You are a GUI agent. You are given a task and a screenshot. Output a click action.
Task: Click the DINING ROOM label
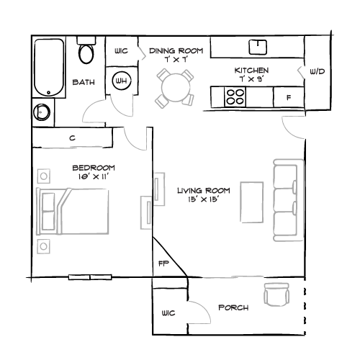click(x=176, y=51)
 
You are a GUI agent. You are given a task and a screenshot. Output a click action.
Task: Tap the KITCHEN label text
click(x=252, y=71)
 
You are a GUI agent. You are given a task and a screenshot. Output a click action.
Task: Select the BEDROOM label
click(x=94, y=168)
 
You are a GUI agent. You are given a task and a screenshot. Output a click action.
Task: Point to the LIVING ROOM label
click(x=204, y=190)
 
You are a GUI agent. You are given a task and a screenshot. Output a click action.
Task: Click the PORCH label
click(x=233, y=307)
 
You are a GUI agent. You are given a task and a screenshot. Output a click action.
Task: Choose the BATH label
click(x=84, y=83)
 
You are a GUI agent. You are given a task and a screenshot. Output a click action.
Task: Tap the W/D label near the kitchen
click(x=317, y=72)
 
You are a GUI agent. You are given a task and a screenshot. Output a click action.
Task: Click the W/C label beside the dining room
click(x=121, y=51)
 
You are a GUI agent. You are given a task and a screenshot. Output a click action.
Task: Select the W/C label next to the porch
click(x=168, y=313)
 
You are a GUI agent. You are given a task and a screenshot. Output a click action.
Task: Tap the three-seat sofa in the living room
click(x=289, y=200)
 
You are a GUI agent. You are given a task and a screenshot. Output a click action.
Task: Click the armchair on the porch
click(x=276, y=294)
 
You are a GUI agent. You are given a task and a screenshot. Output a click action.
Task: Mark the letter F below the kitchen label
click(x=289, y=96)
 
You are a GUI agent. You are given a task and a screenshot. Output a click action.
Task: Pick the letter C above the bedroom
click(x=72, y=138)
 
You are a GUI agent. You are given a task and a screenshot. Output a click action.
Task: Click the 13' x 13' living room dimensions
click(x=204, y=199)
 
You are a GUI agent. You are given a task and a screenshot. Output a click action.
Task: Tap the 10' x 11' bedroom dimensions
click(x=94, y=176)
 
